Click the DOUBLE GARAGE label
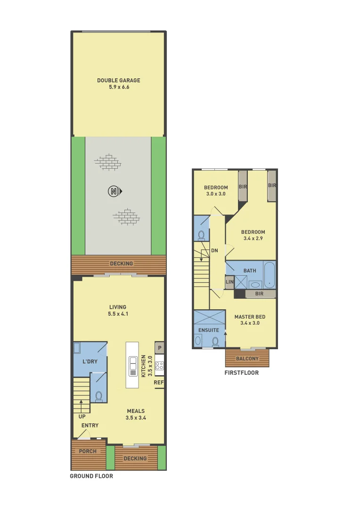click(119, 81)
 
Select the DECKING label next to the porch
click(135, 458)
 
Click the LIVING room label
click(117, 307)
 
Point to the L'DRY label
click(90, 361)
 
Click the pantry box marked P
click(160, 348)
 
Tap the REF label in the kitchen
click(159, 383)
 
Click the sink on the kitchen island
click(132, 367)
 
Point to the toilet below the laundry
click(98, 396)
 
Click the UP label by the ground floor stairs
click(82, 416)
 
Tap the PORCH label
click(88, 451)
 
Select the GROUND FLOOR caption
click(91, 476)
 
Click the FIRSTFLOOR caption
click(242, 372)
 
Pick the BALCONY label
click(247, 359)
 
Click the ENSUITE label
click(208, 330)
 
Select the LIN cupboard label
click(229, 282)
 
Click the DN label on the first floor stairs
click(214, 250)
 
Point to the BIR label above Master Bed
click(259, 294)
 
